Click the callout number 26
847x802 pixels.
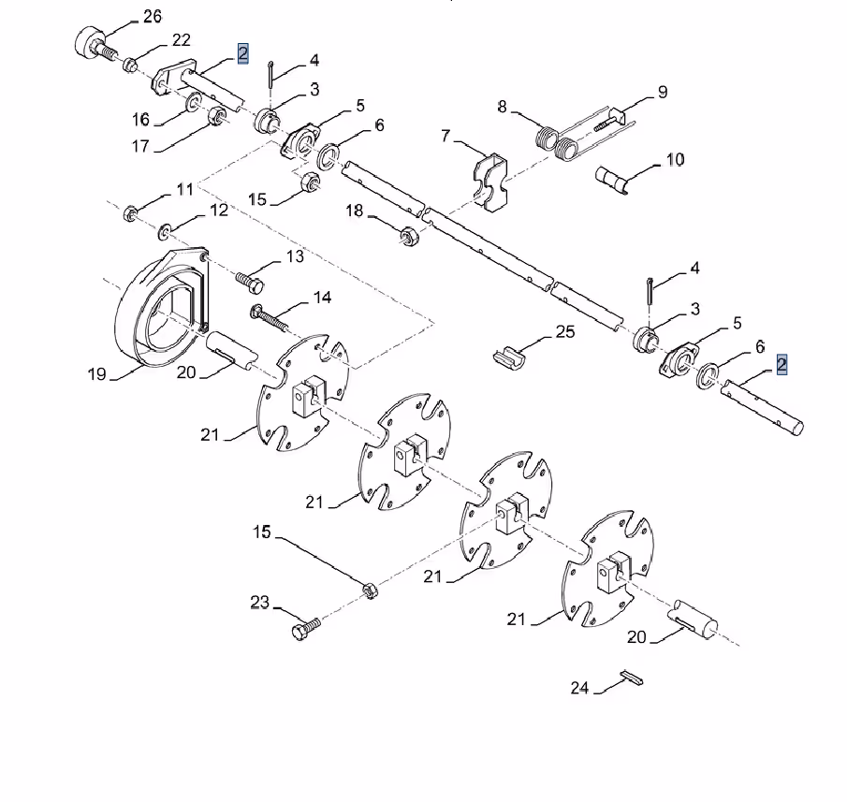pos(153,17)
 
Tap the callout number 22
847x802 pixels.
pos(182,40)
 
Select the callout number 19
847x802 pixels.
pos(96,373)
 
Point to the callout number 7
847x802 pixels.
pos(445,136)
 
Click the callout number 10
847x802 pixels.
pos(675,159)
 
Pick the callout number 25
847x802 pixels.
pos(565,331)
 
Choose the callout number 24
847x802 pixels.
pos(579,688)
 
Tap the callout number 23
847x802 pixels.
pos(260,602)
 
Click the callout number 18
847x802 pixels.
pos(355,211)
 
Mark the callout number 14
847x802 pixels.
pos(323,298)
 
